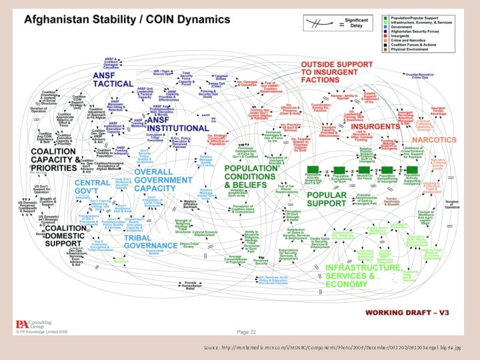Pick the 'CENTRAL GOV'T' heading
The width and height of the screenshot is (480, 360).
[92, 187]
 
